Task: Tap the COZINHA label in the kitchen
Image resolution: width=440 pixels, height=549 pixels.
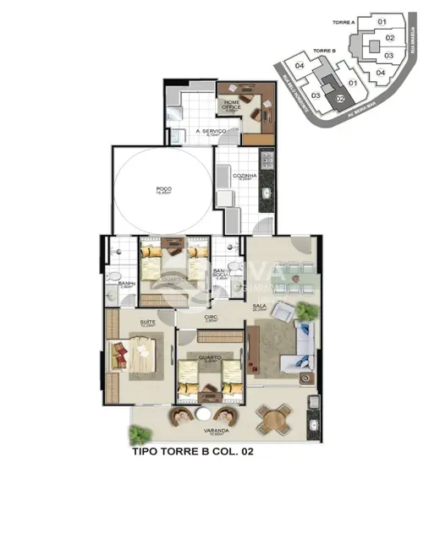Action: [x=246, y=177]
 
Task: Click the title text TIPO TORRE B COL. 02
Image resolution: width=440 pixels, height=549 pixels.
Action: [x=193, y=453]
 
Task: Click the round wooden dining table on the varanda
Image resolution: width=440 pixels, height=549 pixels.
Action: [x=274, y=416]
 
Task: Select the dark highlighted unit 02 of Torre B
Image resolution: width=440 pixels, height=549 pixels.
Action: [x=339, y=99]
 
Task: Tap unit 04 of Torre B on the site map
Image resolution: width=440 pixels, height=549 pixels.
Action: [x=299, y=66]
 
